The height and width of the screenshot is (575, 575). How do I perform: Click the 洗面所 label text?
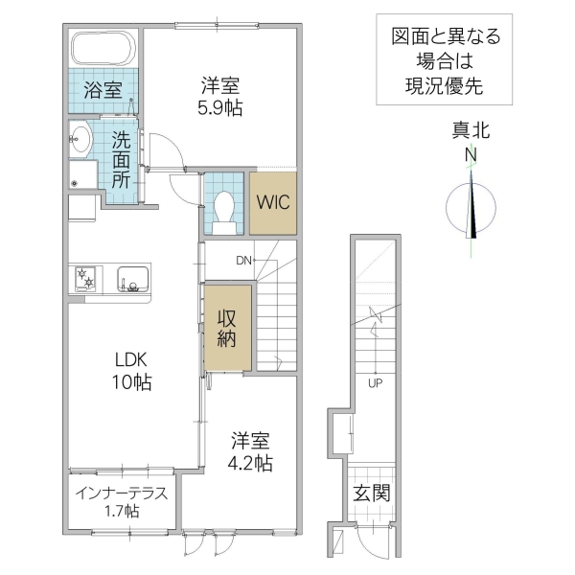coord(121,158)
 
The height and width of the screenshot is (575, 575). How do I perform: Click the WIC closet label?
coord(272,203)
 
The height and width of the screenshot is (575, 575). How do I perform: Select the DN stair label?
coord(244,260)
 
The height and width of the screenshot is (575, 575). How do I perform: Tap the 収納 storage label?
coord(227,329)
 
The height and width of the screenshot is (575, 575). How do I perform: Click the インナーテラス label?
coord(121,494)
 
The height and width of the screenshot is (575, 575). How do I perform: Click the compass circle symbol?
coord(472,206)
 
